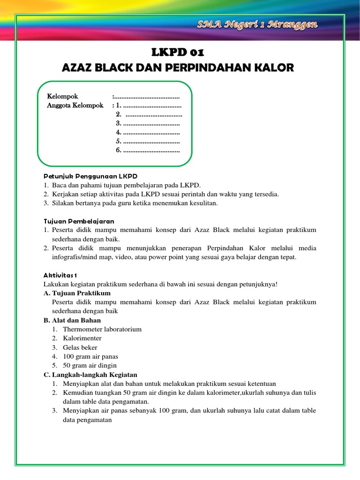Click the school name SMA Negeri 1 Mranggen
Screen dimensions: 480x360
tap(257, 24)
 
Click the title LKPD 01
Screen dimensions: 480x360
tap(178, 52)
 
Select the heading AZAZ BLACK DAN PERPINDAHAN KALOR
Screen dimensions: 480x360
tap(178, 67)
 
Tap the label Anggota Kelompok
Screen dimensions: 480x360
tap(75, 105)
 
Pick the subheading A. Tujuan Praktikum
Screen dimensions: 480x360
tap(77, 293)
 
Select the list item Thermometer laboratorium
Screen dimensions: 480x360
tap(102, 329)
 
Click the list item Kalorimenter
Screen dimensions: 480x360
tap(82, 338)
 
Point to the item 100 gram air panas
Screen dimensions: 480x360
tap(90, 356)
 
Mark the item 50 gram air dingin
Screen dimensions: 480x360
tap(90, 365)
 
